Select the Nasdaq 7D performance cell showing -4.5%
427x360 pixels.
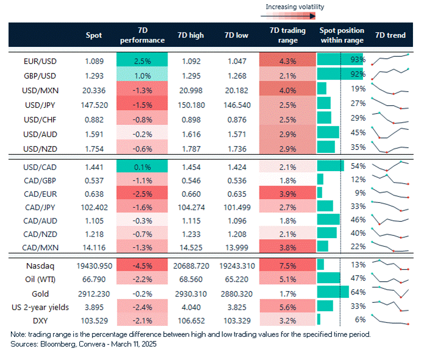(x=141, y=265)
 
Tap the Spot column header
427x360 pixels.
(x=94, y=35)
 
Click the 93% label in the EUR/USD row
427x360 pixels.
(x=358, y=60)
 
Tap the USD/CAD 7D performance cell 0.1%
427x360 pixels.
(x=141, y=166)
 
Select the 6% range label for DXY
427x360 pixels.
(x=359, y=320)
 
